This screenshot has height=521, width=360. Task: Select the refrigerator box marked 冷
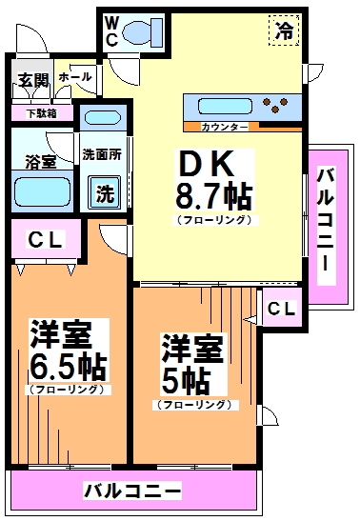coord(284,30)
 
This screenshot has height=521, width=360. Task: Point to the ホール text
coord(75,77)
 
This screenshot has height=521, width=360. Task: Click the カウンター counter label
coord(226,127)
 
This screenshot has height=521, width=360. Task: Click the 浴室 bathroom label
coord(39,161)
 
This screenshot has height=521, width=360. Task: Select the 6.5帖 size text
coord(67,366)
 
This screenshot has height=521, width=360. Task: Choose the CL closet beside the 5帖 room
coord(281,309)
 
